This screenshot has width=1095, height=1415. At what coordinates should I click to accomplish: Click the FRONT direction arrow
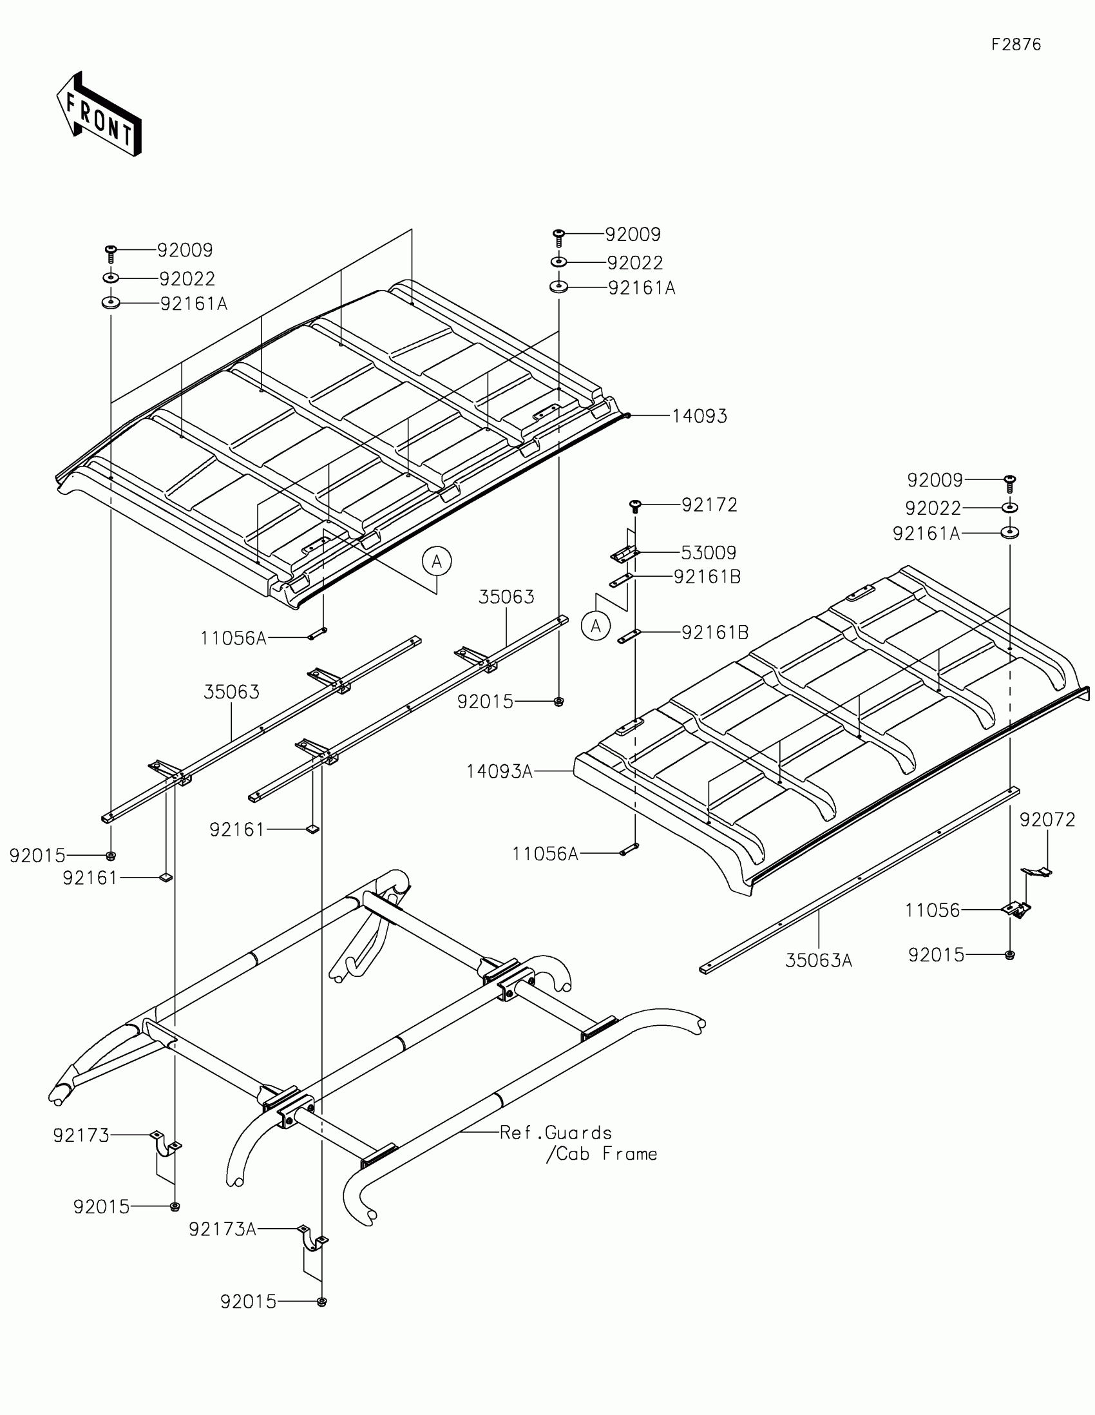99,115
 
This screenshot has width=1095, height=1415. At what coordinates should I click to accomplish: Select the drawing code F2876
1016,44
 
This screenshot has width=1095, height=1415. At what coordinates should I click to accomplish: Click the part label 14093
700,416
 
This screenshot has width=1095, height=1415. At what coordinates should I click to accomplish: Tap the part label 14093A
499,771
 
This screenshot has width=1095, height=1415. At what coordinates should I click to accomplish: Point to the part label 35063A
819,960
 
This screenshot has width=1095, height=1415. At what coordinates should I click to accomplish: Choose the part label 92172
709,505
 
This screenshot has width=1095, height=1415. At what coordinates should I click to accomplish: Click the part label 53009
709,553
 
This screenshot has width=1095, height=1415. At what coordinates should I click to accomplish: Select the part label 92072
1047,820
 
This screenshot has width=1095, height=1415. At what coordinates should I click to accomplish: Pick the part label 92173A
223,1229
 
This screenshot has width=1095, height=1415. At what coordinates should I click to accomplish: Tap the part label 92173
81,1135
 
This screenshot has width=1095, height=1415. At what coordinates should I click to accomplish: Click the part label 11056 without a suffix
932,910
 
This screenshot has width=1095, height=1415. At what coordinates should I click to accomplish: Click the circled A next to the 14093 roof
437,561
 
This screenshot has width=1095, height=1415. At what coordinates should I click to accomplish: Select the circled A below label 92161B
596,626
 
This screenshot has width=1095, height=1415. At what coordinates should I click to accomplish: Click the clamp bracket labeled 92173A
313,1238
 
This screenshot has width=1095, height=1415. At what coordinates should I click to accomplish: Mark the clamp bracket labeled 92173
166,1144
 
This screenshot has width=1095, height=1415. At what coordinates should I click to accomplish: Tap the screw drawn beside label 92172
635,506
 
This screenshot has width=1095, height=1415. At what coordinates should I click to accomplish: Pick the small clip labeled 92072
1036,872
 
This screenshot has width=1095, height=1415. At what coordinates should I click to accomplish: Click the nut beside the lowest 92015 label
321,1302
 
